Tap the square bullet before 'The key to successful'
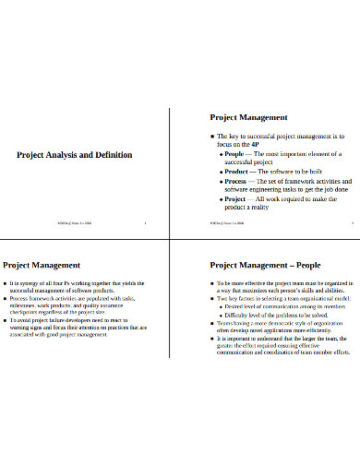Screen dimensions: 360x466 click(212, 136)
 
